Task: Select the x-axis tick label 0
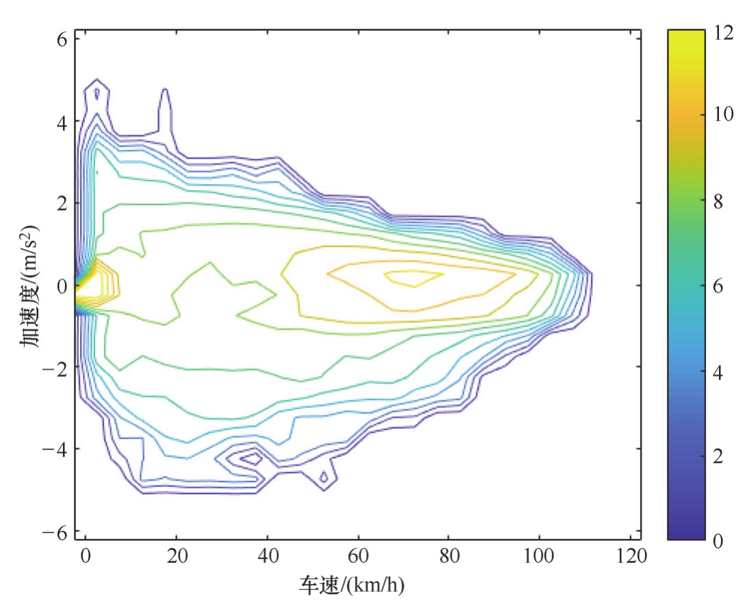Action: pos(86,556)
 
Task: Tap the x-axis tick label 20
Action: pos(176,556)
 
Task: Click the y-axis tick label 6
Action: pos(60,39)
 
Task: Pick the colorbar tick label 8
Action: pos(719,202)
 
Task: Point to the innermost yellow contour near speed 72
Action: pos(413,277)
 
